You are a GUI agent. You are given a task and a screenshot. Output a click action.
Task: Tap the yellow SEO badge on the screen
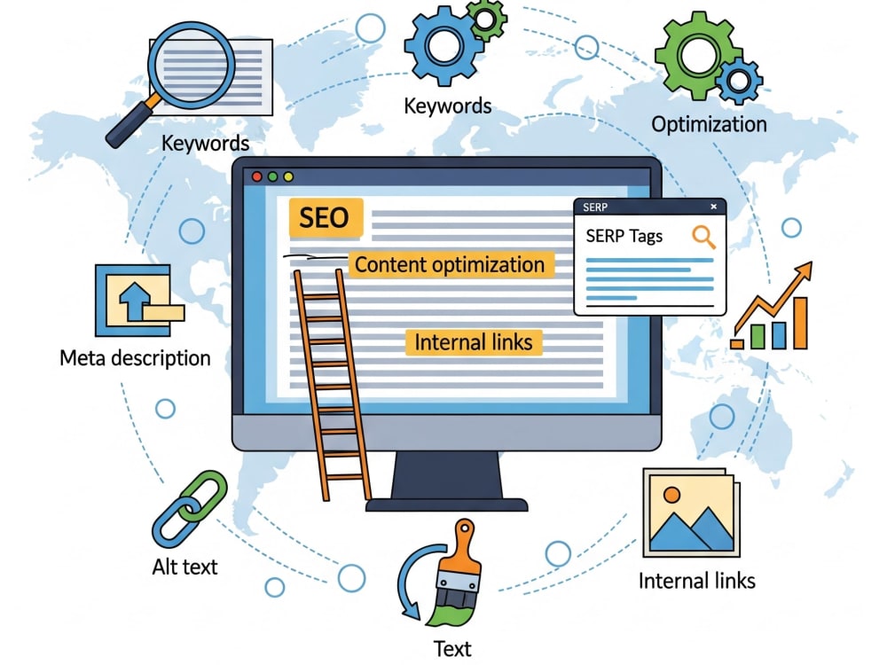click(326, 217)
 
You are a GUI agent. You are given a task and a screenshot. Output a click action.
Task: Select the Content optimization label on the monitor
click(450, 264)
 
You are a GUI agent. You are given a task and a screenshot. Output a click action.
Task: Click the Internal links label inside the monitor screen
click(474, 342)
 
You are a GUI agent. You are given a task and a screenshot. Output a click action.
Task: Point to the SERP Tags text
click(624, 236)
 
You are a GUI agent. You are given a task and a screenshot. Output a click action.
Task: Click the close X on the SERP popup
click(713, 207)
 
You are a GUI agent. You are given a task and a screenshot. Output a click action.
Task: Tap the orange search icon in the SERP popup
click(703, 237)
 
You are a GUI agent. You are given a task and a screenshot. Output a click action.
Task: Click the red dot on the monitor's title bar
click(257, 177)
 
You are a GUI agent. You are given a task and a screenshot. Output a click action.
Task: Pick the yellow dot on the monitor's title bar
click(288, 177)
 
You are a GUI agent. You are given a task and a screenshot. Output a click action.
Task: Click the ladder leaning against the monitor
click(333, 385)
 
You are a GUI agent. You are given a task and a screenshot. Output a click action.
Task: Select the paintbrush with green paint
click(455, 572)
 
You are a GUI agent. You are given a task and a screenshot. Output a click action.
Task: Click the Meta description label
click(135, 358)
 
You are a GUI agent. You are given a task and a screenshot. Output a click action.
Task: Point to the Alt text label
click(185, 567)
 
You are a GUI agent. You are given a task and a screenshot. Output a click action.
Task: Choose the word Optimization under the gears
click(709, 124)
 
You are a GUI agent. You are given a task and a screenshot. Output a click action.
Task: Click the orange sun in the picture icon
click(671, 495)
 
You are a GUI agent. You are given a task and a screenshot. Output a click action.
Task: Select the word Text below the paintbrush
click(452, 649)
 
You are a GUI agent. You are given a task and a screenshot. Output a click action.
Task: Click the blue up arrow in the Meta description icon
click(134, 301)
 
